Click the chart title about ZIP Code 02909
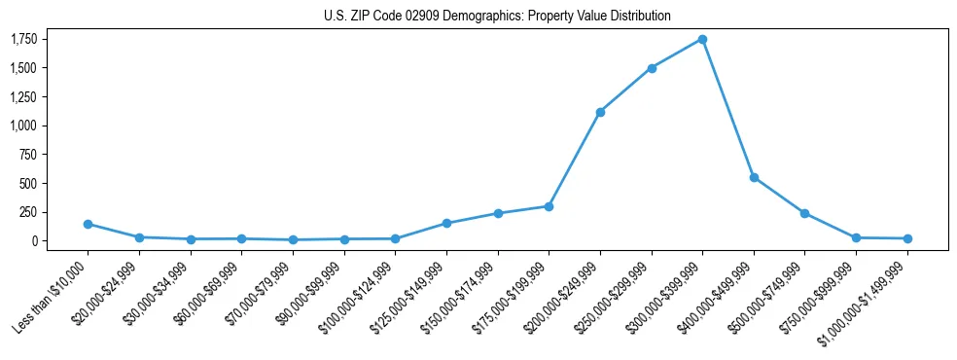click(497, 17)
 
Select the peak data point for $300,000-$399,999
click(702, 40)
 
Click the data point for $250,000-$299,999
click(652, 68)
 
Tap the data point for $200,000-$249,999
click(600, 112)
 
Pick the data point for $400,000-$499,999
click(754, 177)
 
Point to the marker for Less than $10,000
click(89, 224)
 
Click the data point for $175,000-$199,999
click(549, 206)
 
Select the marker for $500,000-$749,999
click(804, 213)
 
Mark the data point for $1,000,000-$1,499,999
click(907, 238)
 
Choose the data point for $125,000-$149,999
click(446, 223)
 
